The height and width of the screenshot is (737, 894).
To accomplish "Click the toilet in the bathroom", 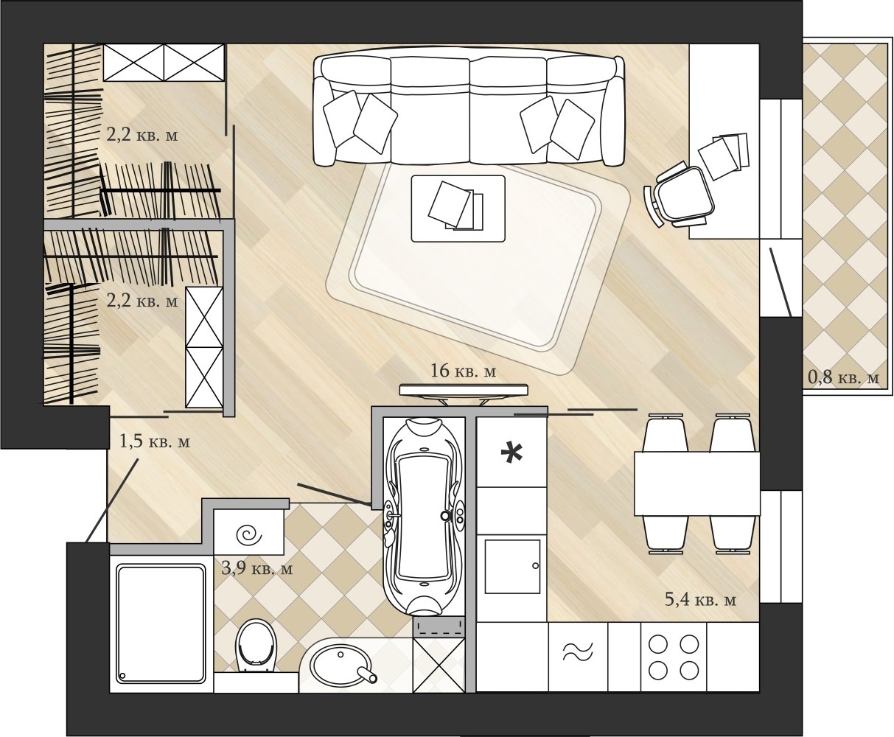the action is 256,646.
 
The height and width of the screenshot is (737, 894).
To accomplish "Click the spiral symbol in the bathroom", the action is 249,535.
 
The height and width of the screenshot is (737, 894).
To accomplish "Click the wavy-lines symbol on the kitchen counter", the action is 578,652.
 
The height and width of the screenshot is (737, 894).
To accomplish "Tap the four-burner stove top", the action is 674,657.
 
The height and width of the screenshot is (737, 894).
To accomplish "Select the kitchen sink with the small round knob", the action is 512,567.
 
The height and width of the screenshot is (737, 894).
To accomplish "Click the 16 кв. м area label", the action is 463,371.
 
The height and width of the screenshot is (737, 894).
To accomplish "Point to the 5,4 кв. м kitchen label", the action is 700,599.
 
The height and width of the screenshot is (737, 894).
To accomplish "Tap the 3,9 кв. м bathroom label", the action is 257,569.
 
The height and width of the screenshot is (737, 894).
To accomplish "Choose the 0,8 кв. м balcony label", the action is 843,377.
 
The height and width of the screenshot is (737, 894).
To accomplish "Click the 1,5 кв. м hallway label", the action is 154,441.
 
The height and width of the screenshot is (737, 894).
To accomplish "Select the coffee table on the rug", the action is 458,209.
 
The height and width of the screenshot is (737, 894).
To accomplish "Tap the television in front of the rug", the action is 464,393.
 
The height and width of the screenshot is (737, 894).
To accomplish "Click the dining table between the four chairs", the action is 697,483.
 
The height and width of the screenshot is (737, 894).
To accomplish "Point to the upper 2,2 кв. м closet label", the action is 142,136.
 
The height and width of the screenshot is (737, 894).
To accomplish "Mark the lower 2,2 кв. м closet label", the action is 142,301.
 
